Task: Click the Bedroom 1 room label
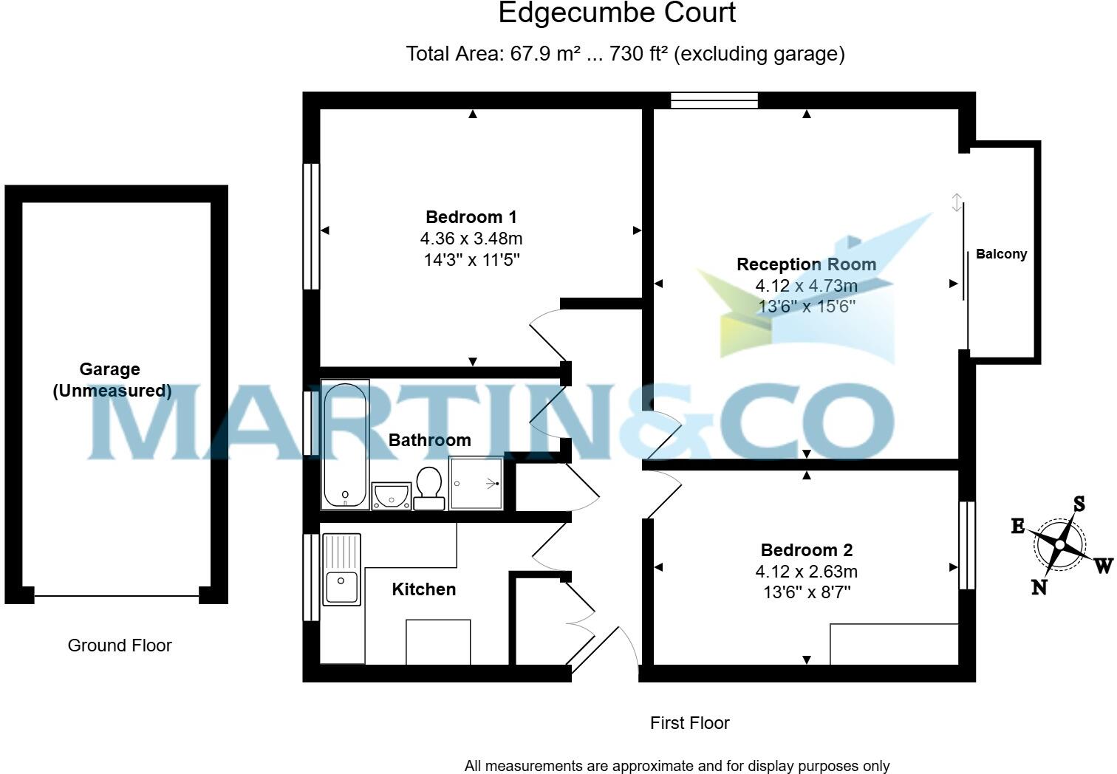click(471, 217)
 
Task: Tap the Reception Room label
click(806, 264)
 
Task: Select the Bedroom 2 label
click(806, 550)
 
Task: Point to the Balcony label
click(1001, 254)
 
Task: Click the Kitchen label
click(423, 589)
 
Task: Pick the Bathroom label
click(429, 440)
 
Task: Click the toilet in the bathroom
click(429, 487)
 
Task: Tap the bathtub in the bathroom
click(345, 445)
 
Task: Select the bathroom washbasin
click(391, 496)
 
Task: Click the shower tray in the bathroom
click(476, 484)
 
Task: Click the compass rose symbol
click(1059, 545)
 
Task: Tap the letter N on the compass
click(1039, 587)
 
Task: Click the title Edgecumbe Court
click(617, 13)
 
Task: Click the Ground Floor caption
click(120, 645)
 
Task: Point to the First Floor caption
click(689, 723)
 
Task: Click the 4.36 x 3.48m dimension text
click(471, 239)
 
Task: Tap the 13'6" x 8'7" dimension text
click(806, 592)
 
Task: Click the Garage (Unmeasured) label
click(111, 380)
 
